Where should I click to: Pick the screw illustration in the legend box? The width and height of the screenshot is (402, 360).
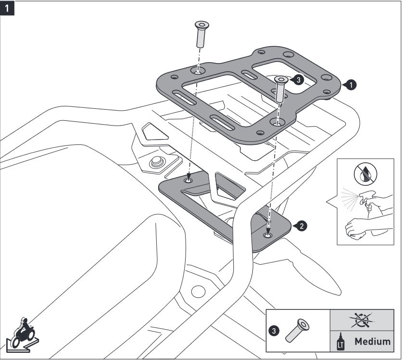click(x=298, y=331)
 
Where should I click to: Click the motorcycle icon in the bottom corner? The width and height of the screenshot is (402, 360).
click(x=22, y=332)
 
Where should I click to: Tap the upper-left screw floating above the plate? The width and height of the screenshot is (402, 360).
click(x=201, y=34)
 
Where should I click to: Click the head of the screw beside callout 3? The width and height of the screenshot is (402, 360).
click(x=281, y=79)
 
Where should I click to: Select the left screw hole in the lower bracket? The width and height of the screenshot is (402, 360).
click(x=188, y=180)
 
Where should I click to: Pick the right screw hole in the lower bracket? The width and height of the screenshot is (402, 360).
click(x=268, y=235)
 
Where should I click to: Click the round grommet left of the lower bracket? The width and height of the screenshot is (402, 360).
click(x=157, y=163)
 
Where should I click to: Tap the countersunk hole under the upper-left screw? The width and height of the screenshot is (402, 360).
click(x=198, y=71)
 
